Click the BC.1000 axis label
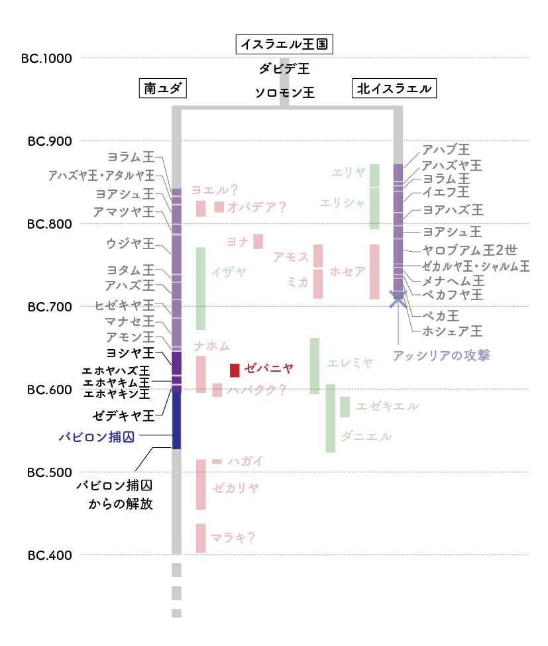pyautogui.click(x=46, y=58)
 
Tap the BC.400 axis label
pyautogui.click(x=50, y=555)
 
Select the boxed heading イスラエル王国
pyautogui.click(x=284, y=44)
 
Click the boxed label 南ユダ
pyautogui.click(x=163, y=88)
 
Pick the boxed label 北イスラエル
pyautogui.click(x=394, y=88)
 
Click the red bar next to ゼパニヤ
pyautogui.click(x=235, y=370)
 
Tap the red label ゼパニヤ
pyautogui.click(x=268, y=368)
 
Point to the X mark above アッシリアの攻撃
pyautogui.click(x=398, y=299)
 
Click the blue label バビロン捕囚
pyautogui.click(x=97, y=437)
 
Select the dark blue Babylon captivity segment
pyautogui.click(x=176, y=420)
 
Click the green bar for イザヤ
pyautogui.click(x=201, y=288)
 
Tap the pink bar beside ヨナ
pyautogui.click(x=258, y=241)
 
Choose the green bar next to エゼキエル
pyautogui.click(x=345, y=407)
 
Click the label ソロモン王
pyautogui.click(x=285, y=93)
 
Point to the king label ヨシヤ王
pyautogui.click(x=130, y=353)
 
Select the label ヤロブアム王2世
pyautogui.click(x=470, y=250)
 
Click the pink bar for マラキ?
pyautogui.click(x=201, y=538)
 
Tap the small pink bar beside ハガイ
pyautogui.click(x=217, y=461)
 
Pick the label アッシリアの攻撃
pyautogui.click(x=442, y=356)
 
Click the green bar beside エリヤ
pyautogui.click(x=374, y=176)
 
